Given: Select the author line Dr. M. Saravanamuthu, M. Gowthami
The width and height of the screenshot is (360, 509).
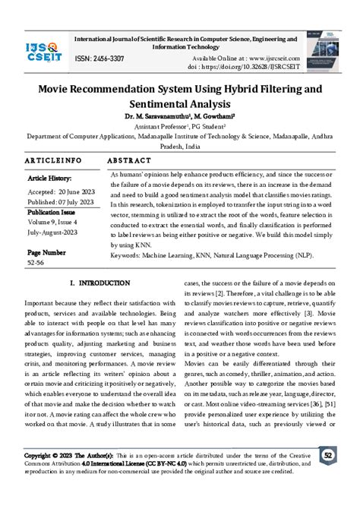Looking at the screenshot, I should (x=179, y=116).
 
